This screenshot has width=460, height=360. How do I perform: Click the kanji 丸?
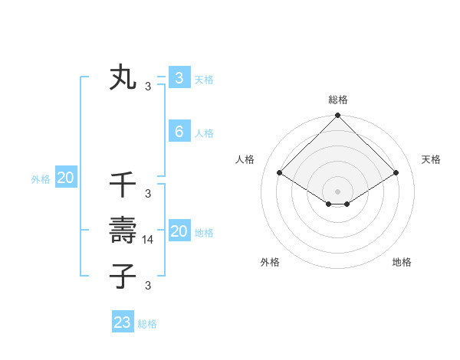tap(123, 78)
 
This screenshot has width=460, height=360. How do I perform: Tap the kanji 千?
tap(123, 185)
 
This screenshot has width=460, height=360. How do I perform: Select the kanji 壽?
tap(123, 230)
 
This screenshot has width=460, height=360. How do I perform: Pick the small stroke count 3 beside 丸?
tap(148, 86)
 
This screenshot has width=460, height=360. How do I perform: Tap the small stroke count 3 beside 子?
tap(148, 286)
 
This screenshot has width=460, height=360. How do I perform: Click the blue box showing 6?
tap(179, 132)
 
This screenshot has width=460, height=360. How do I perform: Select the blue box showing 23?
tap(123, 322)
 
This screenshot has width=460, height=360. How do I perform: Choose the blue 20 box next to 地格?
tap(179, 231)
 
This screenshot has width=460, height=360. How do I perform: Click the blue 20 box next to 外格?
tap(65, 178)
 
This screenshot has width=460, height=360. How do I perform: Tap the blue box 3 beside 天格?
tap(179, 78)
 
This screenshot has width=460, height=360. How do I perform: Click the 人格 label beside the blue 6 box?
tap(204, 133)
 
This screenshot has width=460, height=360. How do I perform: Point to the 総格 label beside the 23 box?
tap(147, 324)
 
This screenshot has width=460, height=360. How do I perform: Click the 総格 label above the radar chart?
tap(338, 100)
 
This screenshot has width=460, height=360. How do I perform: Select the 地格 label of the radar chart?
tap(402, 262)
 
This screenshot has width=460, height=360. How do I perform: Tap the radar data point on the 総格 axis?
tap(338, 116)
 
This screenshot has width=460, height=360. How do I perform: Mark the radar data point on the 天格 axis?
tap(396, 172)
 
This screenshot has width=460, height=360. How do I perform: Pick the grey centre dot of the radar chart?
tap(338, 191)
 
